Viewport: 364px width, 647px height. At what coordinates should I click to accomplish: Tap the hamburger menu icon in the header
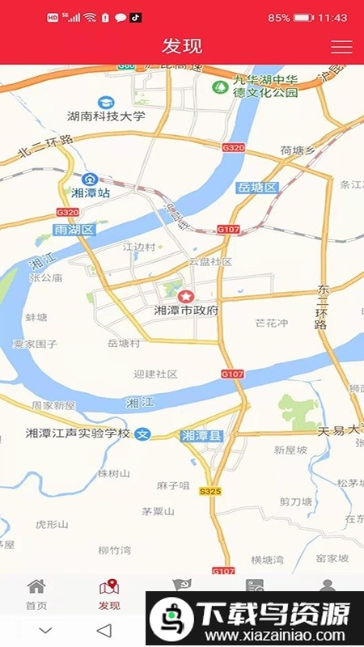pyautogui.click(x=341, y=46)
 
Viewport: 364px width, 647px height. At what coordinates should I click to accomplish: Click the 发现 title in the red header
pyautogui.click(x=182, y=46)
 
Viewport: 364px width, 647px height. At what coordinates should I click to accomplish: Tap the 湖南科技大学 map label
pyautogui.click(x=106, y=116)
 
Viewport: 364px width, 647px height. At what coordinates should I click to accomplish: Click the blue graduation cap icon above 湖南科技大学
pyautogui.click(x=105, y=102)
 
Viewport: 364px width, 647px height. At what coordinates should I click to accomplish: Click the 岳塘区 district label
pyautogui.click(x=257, y=188)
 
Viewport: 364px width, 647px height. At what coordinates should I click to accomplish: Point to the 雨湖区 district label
pyautogui.click(x=74, y=230)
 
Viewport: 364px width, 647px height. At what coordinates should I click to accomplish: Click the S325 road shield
pyautogui.click(x=210, y=491)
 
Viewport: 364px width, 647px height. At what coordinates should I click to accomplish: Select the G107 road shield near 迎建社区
pyautogui.click(x=232, y=374)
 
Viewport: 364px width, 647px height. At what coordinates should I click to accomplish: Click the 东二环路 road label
pyautogui.click(x=322, y=307)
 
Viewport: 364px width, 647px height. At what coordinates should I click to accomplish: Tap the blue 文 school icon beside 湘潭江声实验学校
pyautogui.click(x=142, y=433)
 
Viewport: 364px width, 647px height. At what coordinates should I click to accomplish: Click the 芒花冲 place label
pyautogui.click(x=271, y=323)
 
